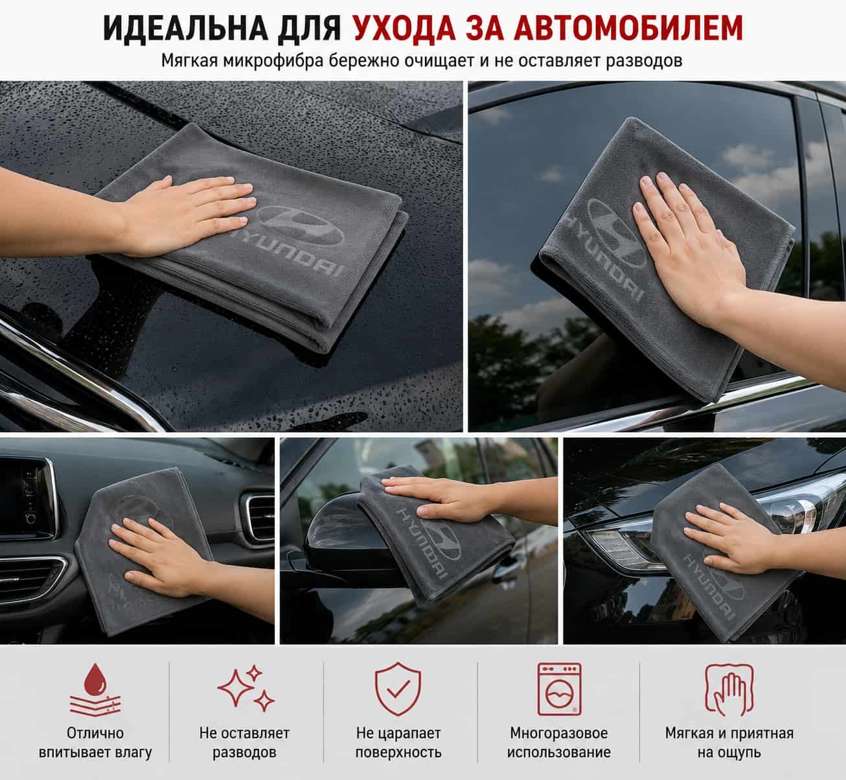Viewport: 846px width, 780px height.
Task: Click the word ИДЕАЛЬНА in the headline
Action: (185, 28)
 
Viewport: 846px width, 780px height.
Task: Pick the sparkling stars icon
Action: (246, 689)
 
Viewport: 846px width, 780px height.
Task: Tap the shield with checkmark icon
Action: (398, 689)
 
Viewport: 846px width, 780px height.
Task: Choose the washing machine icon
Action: (559, 689)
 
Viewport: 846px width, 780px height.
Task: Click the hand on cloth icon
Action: (729, 689)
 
